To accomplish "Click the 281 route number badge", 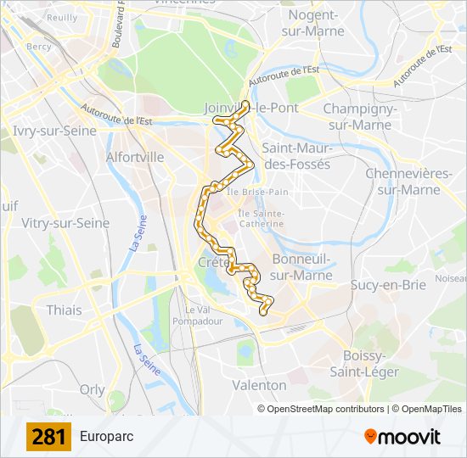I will pyautogui.click(x=49, y=437).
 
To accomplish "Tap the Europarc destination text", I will pyautogui.click(x=106, y=437).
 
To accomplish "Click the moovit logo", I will pyautogui.click(x=402, y=437).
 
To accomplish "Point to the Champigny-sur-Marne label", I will pyautogui.click(x=357, y=117).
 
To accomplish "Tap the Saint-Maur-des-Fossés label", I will pyautogui.click(x=296, y=156).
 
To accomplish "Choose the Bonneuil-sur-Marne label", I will pyautogui.click(x=301, y=267).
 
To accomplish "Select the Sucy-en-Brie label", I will pyautogui.click(x=388, y=285).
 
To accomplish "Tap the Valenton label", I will pyautogui.click(x=259, y=385).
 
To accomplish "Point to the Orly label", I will pyautogui.click(x=92, y=389).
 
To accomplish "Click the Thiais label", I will pyautogui.click(x=65, y=310).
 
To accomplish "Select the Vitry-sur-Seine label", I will pyautogui.click(x=65, y=223).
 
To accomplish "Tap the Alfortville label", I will pyautogui.click(x=135, y=157).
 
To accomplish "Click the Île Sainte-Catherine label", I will pyautogui.click(x=261, y=219).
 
